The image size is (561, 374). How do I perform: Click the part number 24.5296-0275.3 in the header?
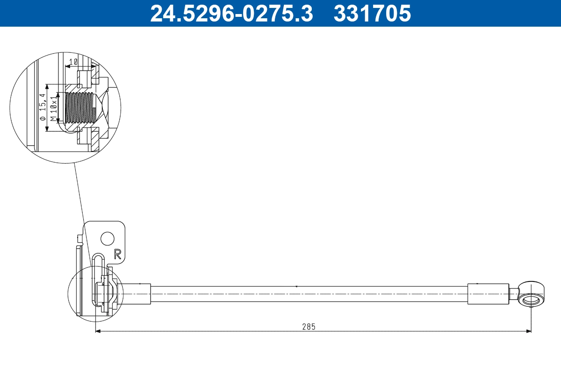(x=231, y=13)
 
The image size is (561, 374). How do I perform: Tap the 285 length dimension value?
(x=309, y=326)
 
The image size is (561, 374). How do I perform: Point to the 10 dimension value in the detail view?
(x=73, y=62)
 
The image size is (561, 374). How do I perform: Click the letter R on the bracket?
(x=118, y=254)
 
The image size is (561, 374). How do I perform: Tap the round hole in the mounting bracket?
(x=108, y=239)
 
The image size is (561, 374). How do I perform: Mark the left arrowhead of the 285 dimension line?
(x=97, y=331)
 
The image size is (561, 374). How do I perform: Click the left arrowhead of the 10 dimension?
(x=67, y=66)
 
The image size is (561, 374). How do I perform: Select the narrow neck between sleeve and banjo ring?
(x=513, y=294)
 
